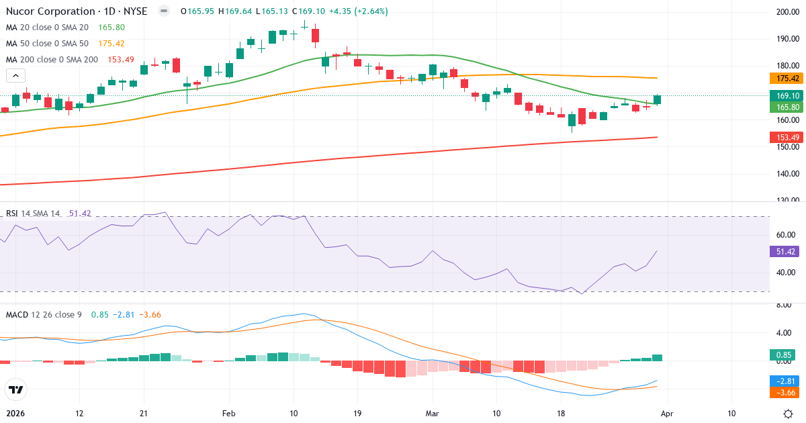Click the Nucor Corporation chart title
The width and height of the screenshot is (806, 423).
coord(77,11)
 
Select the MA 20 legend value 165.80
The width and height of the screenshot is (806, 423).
coord(111,28)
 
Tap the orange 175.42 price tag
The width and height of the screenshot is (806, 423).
coord(785,79)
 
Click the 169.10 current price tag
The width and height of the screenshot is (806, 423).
coord(785,96)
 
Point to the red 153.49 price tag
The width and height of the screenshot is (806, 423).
coord(785,138)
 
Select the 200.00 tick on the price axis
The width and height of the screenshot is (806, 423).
coord(787,12)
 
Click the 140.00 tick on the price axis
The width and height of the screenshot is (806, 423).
coord(787,174)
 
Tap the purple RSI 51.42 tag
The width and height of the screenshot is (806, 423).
coord(785,252)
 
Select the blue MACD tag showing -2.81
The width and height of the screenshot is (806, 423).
coord(783,380)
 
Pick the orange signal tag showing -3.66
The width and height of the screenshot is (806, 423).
coord(783,391)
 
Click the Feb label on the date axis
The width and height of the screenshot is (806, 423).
coord(229,414)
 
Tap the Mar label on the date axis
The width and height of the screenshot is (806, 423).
coord(433,414)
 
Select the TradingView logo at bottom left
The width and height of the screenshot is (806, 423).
coord(15,389)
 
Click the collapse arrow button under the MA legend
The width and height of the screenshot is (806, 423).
coord(15,76)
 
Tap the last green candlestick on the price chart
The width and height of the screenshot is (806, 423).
coord(657,99)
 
